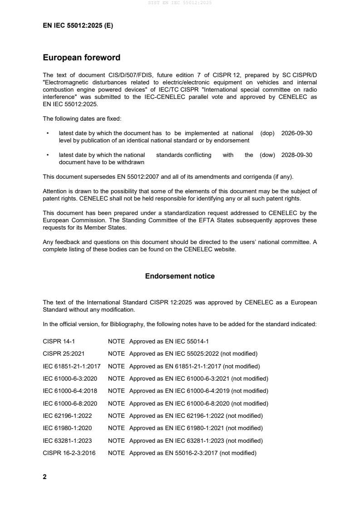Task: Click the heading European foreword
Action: (81, 58)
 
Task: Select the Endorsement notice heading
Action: (180, 276)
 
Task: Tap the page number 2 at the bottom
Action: (44, 477)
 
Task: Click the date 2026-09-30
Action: (297, 133)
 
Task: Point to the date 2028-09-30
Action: (297, 155)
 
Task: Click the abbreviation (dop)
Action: (268, 133)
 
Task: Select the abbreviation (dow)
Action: (267, 155)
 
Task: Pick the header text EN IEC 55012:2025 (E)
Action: (78, 26)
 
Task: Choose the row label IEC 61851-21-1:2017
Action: (72, 366)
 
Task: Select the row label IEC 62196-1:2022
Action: (69, 416)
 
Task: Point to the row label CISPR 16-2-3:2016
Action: (69, 453)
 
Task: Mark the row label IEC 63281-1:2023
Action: (69, 440)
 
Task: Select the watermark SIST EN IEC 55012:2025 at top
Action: (180, 3)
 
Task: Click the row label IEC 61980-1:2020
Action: (69, 428)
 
